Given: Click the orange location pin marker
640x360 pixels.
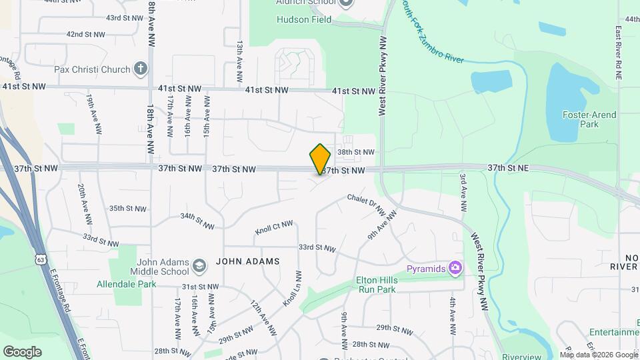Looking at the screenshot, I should tap(320, 159).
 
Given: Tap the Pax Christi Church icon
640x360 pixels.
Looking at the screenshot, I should tap(140, 67).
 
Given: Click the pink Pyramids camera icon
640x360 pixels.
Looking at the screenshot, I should tap(455, 268).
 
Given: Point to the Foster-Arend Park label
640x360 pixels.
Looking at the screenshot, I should tap(589, 119).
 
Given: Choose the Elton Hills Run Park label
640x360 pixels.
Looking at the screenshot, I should tap(377, 285).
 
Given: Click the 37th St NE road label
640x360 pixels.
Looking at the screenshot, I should tap(508, 168).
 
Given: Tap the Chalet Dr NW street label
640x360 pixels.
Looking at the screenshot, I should tap(366, 205).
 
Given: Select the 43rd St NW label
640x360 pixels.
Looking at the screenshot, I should tap(125, 18).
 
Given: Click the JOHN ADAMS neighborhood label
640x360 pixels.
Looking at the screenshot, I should tap(247, 261).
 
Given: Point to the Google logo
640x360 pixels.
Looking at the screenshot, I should tap(22, 351).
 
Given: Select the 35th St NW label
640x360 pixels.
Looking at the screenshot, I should tap(128, 209).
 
